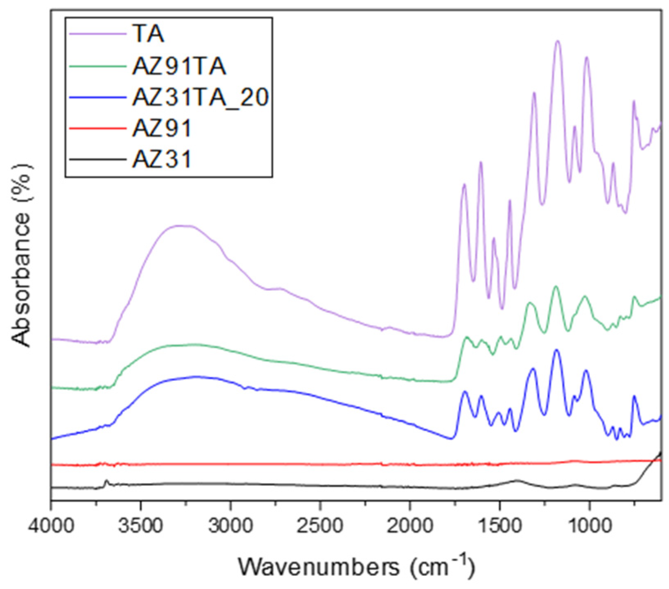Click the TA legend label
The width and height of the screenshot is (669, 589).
click(148, 34)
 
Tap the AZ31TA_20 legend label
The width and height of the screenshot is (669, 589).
click(200, 97)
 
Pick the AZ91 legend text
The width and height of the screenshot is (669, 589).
click(162, 128)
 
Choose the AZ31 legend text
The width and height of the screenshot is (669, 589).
click(162, 159)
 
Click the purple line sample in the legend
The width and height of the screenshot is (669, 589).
click(98, 34)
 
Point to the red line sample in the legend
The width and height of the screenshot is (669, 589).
click(98, 128)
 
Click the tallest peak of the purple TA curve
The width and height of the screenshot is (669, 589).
click(557, 41)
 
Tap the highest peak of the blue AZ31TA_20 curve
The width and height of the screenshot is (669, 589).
click(556, 350)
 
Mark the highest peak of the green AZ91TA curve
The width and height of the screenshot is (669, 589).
click(556, 287)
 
